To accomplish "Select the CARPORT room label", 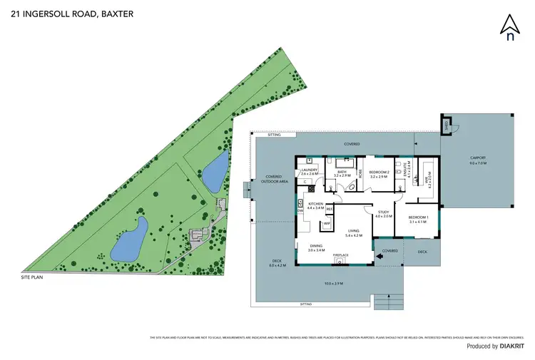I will point(477,160).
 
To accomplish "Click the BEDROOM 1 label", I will point(417,218).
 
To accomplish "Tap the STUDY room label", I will point(384,213).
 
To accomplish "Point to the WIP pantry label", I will point(327,224).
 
